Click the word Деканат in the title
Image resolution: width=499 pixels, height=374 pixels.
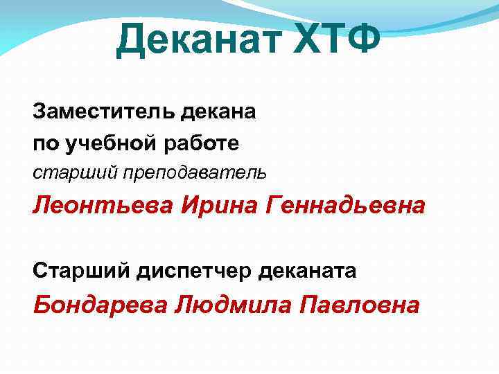point(198,39)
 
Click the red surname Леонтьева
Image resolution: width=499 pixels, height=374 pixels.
point(102,205)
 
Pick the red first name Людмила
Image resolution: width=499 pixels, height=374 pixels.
point(229,304)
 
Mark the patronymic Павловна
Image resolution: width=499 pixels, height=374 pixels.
point(358,304)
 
